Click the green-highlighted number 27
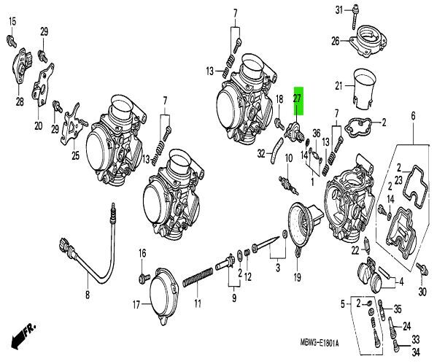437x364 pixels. (x=298, y=98)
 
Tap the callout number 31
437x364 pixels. (x=339, y=11)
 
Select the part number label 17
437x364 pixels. (x=136, y=305)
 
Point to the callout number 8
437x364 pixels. (x=88, y=295)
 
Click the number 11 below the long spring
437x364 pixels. (x=198, y=303)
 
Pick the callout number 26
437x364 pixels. (x=336, y=42)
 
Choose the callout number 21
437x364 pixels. (x=339, y=85)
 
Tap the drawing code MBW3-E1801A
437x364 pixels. (x=320, y=343)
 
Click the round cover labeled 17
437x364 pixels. (x=163, y=295)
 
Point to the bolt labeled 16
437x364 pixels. (x=144, y=278)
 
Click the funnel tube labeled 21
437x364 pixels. (x=363, y=89)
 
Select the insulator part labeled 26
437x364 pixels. (x=368, y=42)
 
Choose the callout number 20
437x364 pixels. (x=39, y=126)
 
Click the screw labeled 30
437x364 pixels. (x=422, y=269)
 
